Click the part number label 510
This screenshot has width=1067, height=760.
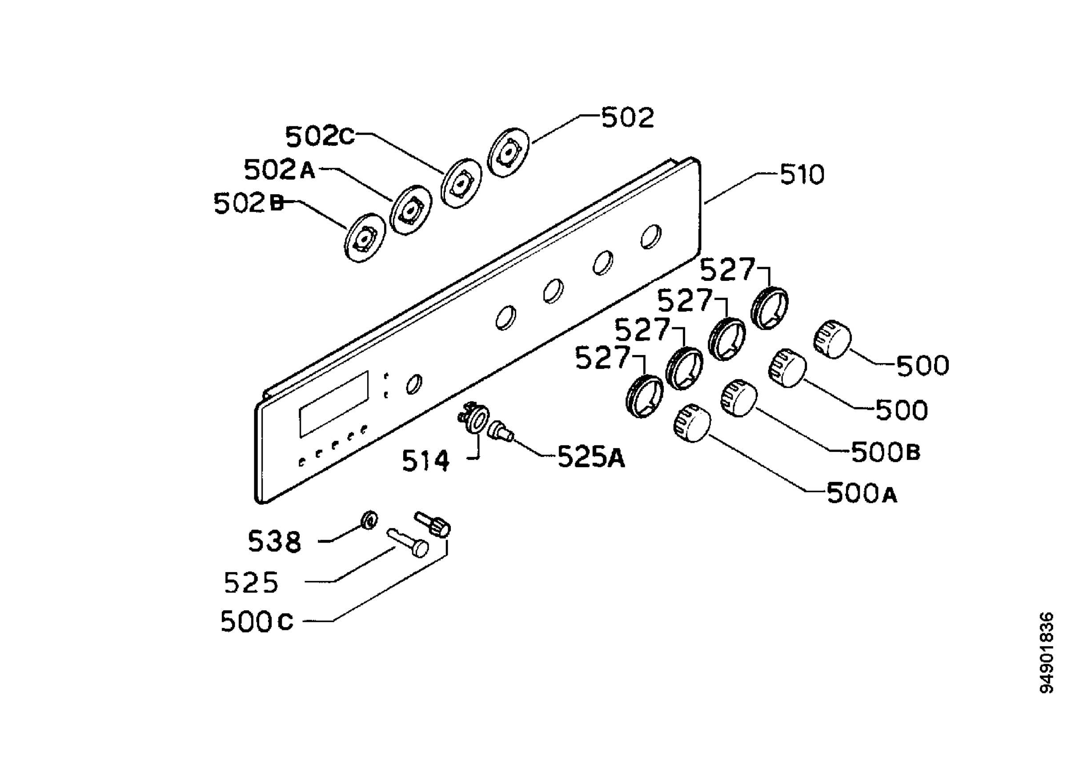pos(802,175)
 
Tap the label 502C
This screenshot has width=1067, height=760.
pos(320,136)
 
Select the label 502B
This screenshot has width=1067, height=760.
pos(249,204)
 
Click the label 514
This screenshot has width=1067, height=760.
pos(425,460)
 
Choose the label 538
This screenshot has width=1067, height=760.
pos(274,541)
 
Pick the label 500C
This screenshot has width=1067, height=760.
pos(257,622)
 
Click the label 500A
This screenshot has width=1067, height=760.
pos(862,493)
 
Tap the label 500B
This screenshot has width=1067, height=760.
pos(886,452)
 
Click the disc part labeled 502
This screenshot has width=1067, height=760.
pos(508,152)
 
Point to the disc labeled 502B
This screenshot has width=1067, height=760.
pos(364,238)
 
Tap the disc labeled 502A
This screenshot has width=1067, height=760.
pos(410,210)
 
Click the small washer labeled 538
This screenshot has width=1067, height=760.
pos(369,520)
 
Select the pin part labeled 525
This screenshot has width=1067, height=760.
pos(408,542)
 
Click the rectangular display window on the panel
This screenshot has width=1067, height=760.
pos(334,404)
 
